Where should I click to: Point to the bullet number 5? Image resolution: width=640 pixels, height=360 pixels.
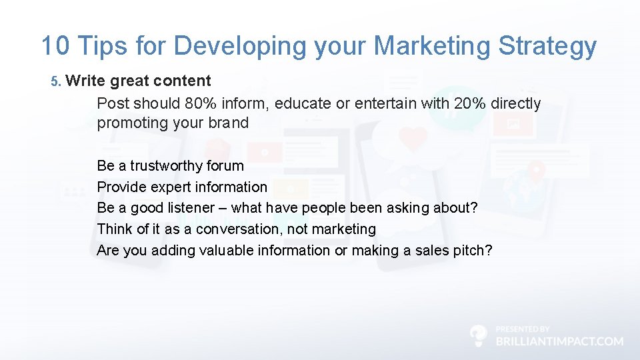point(55,81)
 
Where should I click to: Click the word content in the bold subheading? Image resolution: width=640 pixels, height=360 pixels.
point(182,81)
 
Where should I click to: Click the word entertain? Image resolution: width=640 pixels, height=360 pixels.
point(386,103)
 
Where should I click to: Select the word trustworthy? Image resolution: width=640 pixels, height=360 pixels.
point(166,165)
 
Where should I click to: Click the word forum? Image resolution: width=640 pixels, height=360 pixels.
point(225,165)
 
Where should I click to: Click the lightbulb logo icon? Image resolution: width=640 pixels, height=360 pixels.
point(478,335)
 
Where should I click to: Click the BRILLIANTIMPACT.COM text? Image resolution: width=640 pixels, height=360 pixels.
point(559,341)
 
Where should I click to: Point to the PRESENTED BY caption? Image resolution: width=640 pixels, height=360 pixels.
point(523,329)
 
